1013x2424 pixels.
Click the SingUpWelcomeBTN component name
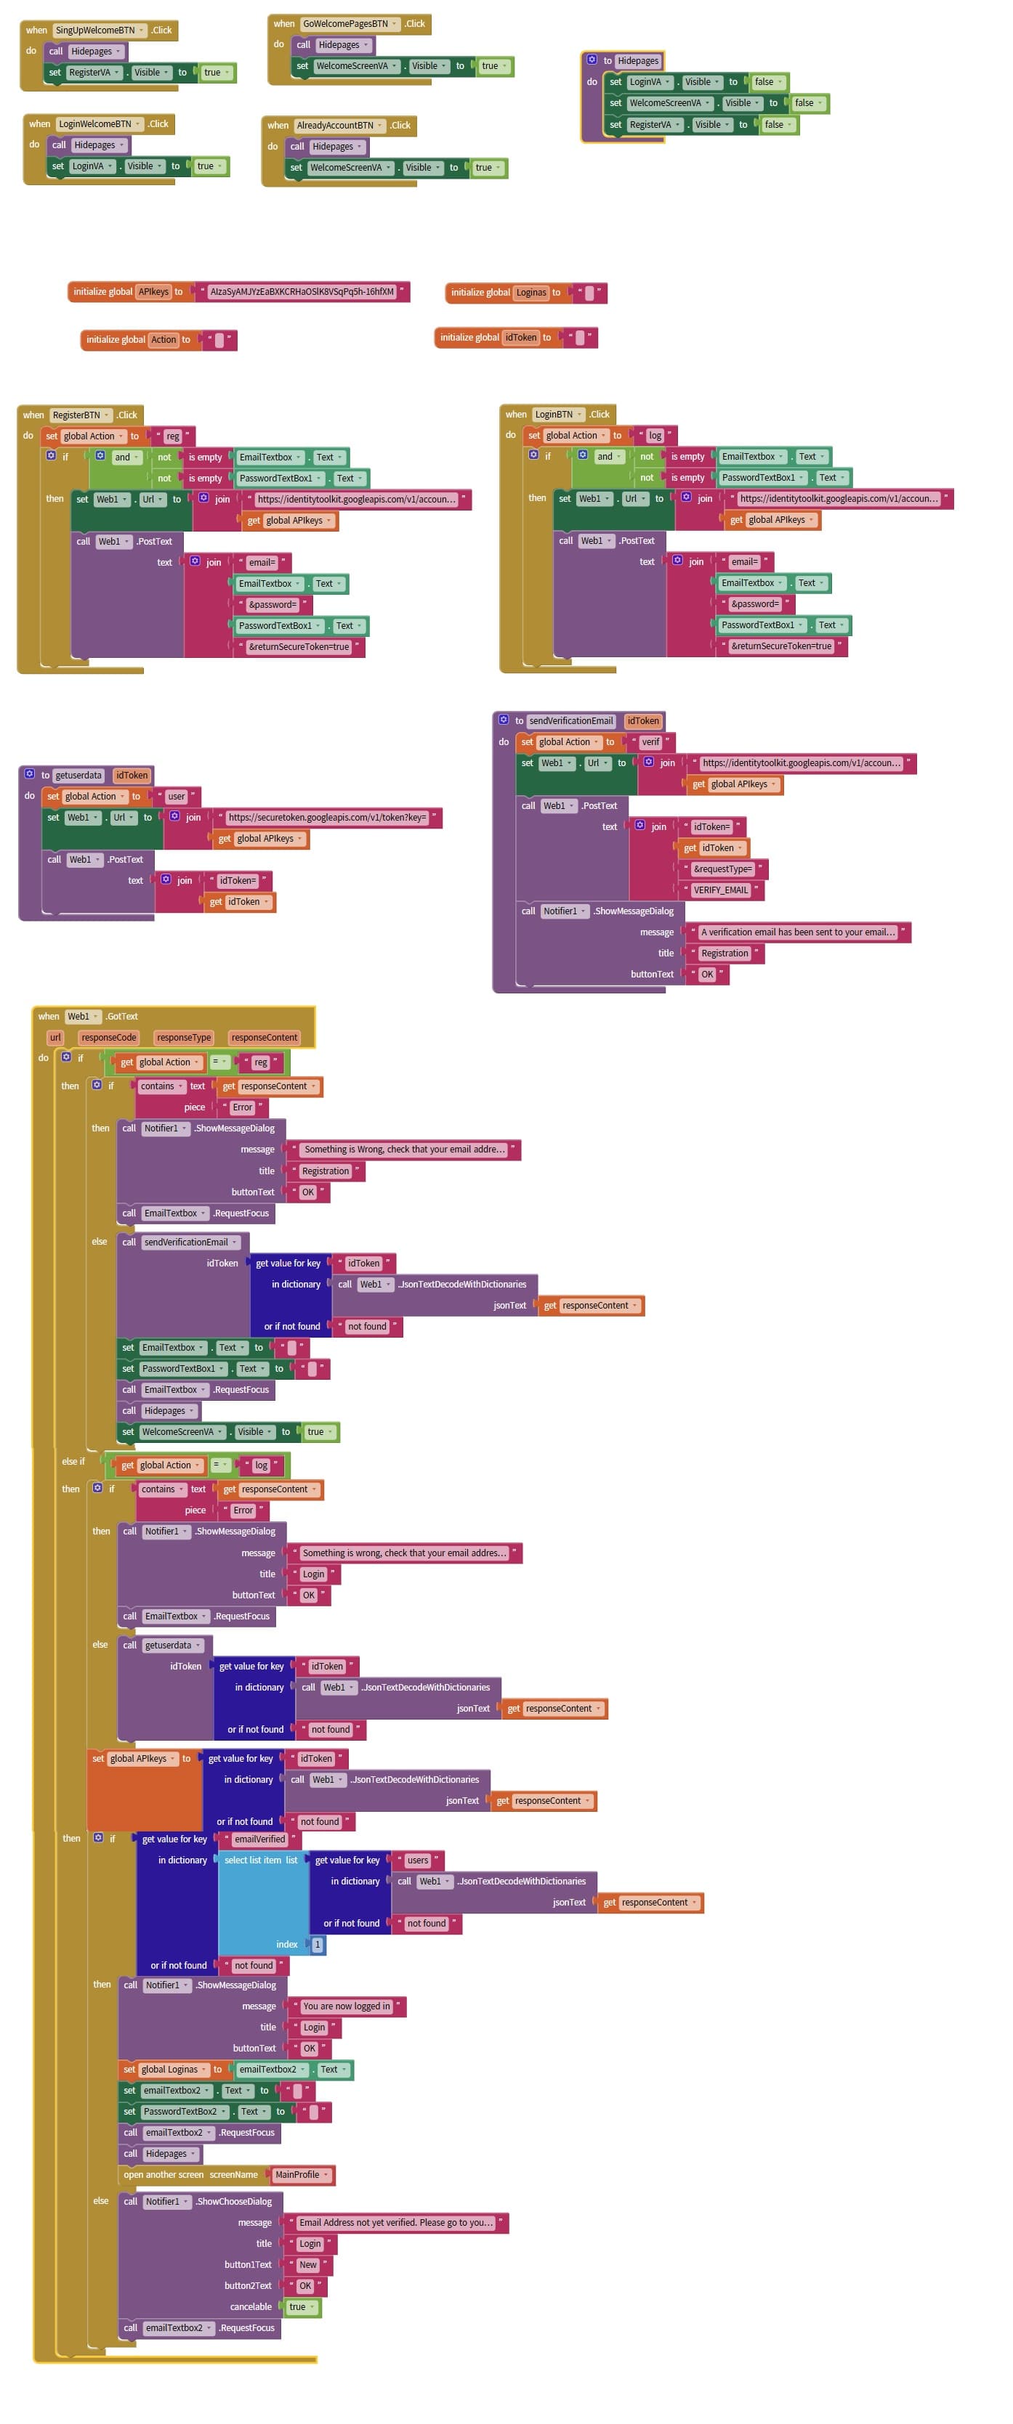click(94, 30)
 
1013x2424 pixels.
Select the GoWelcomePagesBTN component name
click(344, 23)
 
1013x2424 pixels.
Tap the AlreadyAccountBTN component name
click(335, 125)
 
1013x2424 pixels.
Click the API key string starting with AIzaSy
click(302, 292)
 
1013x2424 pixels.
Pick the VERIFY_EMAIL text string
click(720, 890)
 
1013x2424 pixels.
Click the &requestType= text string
click(722, 869)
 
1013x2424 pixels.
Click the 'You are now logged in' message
click(345, 2006)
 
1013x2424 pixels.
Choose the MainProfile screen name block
click(297, 2175)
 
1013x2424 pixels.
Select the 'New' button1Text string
click(308, 2265)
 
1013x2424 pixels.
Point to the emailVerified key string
click(259, 1839)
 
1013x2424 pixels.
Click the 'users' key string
click(417, 1860)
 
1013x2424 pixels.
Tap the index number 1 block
click(318, 1944)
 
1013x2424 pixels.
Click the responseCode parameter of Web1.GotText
click(108, 1038)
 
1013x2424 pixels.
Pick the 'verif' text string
click(650, 742)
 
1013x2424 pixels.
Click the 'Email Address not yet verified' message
click(395, 2223)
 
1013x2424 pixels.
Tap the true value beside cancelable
click(297, 2306)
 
